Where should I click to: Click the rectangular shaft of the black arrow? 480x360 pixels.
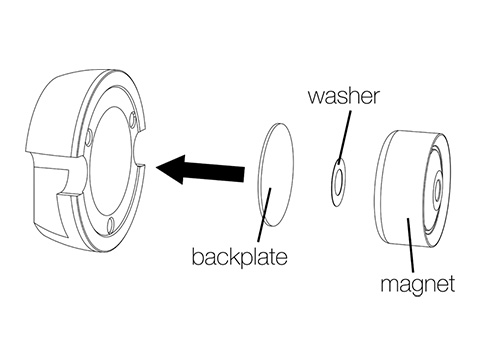(221, 171)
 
